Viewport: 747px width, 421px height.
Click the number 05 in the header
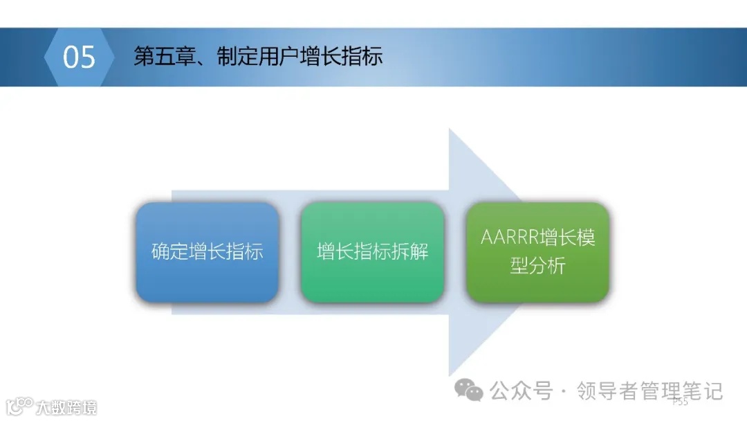[x=79, y=57]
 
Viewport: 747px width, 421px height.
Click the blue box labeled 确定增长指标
[x=207, y=252]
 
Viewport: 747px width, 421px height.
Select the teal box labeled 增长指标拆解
[x=372, y=252]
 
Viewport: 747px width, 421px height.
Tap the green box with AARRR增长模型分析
[x=537, y=252]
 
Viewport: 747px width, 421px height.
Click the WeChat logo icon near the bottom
[x=474, y=393]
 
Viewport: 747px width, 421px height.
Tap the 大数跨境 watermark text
[x=66, y=407]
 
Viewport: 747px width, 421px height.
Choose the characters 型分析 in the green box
[x=537, y=266]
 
